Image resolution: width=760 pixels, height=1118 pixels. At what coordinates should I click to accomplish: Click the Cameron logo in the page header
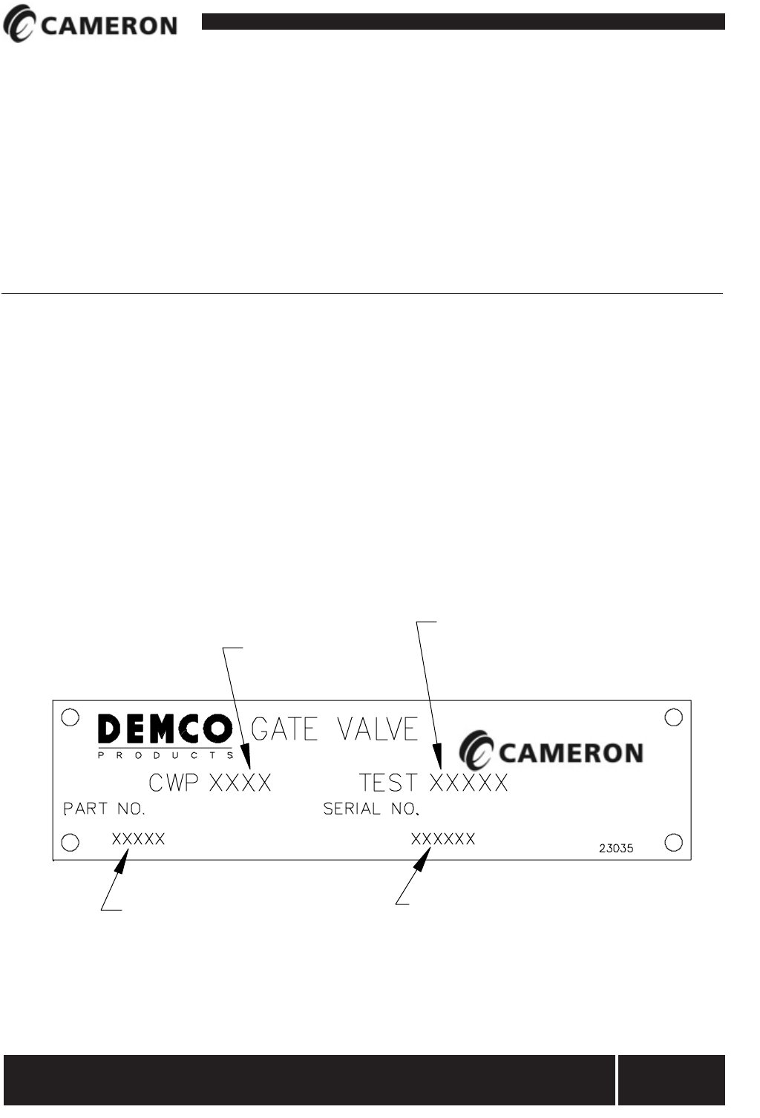90,26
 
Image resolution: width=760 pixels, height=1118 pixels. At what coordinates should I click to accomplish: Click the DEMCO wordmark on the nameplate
164,730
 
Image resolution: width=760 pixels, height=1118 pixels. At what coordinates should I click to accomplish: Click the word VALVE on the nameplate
378,729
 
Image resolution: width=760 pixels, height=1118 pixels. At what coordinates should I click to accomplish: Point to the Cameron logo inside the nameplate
551,752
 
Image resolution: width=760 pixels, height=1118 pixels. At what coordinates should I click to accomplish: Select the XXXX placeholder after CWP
240,783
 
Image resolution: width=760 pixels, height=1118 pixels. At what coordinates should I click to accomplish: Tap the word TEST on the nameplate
388,783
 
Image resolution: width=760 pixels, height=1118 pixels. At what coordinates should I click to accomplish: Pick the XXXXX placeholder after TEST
469,783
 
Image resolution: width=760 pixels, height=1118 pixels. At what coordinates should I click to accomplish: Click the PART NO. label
104,809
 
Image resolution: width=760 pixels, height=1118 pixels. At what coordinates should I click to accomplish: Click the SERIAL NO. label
371,809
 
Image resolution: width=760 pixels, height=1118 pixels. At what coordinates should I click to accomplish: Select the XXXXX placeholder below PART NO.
139,840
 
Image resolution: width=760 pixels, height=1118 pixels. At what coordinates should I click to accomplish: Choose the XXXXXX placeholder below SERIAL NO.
443,839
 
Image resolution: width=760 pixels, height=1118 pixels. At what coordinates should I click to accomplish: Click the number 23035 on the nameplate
616,848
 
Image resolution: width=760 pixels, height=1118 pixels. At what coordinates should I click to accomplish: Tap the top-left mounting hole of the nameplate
70,717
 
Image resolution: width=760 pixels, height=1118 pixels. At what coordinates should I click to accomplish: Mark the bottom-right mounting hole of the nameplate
674,843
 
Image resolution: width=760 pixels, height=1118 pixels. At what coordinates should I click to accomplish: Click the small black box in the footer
672,1080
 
